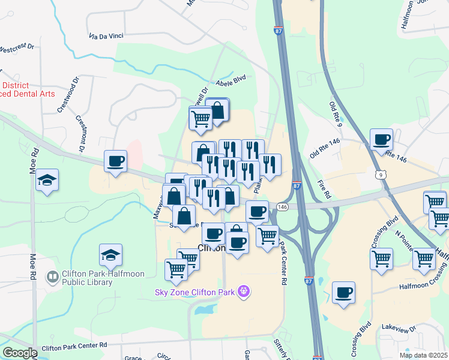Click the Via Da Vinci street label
[x=106, y=36]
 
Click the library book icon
[x=52, y=277]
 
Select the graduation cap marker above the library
[x=110, y=256]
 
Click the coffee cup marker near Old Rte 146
[x=381, y=141]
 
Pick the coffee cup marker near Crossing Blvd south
[x=343, y=293]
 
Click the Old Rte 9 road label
[x=335, y=114]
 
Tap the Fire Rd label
[x=324, y=187]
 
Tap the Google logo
[x=20, y=352]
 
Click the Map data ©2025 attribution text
[x=423, y=355]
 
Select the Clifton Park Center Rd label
[x=73, y=346]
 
